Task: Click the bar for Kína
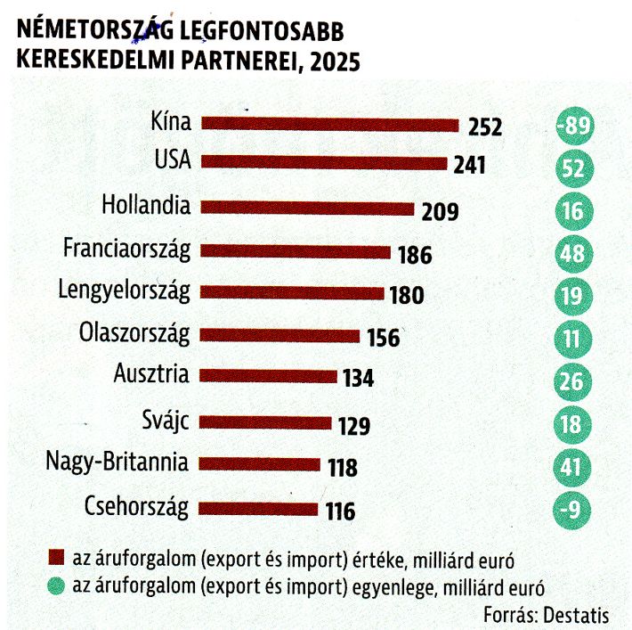[x=330, y=124]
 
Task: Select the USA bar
[x=324, y=163]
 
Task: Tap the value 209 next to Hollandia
[x=440, y=211]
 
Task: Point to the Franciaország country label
[x=126, y=250]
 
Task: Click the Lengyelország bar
[x=292, y=292]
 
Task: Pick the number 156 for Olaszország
[x=384, y=338]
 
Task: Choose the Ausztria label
[x=151, y=373]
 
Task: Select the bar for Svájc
[x=265, y=422]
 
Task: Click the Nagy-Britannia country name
[x=117, y=462]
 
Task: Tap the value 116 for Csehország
[x=341, y=511]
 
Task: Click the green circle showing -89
[x=575, y=126]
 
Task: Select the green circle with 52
[x=574, y=168]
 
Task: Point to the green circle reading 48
[x=572, y=254]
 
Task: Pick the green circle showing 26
[x=572, y=381]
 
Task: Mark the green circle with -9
[x=571, y=510]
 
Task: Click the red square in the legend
[x=56, y=557]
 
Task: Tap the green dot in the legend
[x=56, y=586]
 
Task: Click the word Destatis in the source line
[x=576, y=616]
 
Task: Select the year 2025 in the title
[x=336, y=61]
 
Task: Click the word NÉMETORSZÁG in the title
[x=96, y=29]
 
